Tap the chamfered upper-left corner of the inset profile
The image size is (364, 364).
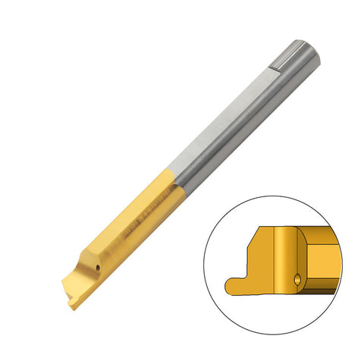click(256, 231)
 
